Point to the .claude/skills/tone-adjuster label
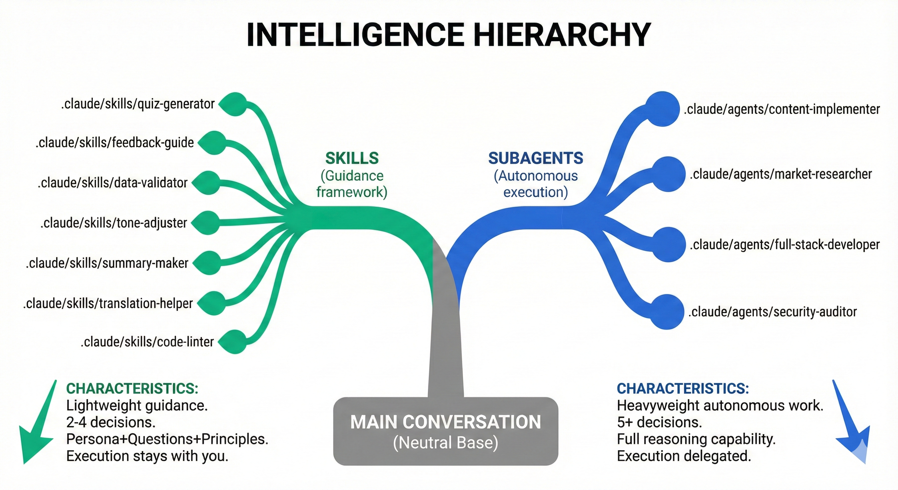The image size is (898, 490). coord(114,223)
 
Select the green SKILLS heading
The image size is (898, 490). coord(352,158)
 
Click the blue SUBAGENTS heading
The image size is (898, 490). coord(535,158)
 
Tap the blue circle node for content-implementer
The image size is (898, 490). coord(662,109)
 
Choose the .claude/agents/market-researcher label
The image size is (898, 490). coord(781,174)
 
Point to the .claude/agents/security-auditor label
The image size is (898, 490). coord(772,312)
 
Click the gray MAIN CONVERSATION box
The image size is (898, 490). coord(445,431)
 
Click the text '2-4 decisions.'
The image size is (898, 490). coord(111,422)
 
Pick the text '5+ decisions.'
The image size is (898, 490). coord(659,422)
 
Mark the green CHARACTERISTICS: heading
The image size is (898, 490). coord(132,389)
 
